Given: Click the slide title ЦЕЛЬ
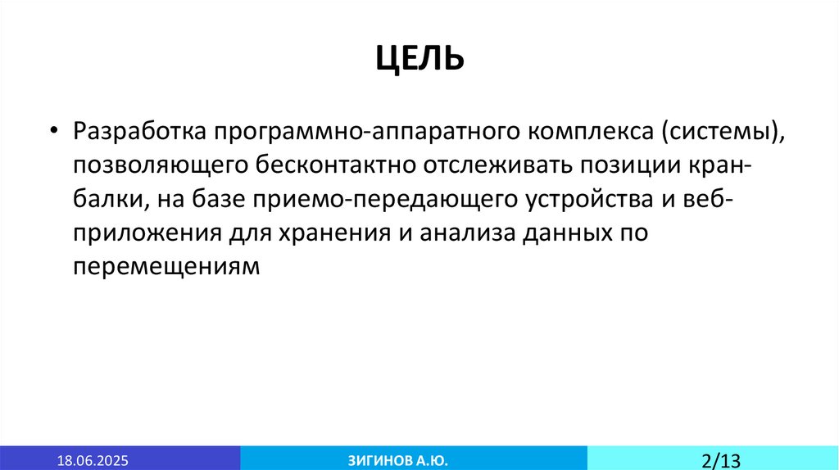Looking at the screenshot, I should (419, 58).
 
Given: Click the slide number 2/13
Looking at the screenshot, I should (721, 459).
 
